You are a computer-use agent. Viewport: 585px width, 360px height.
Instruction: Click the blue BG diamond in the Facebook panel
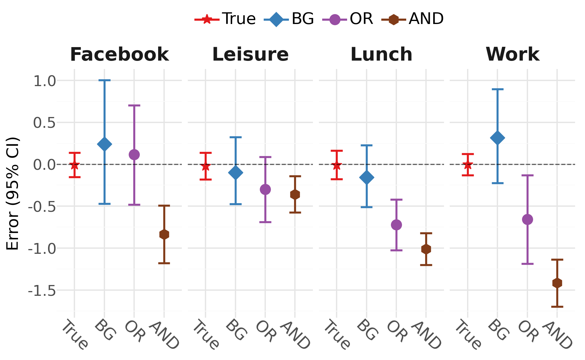(x=104, y=144)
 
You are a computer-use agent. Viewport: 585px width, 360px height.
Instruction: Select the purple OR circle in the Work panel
(x=527, y=219)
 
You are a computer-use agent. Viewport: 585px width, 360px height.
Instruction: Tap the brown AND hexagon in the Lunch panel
(x=426, y=249)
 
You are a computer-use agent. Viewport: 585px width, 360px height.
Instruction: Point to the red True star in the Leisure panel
(x=205, y=166)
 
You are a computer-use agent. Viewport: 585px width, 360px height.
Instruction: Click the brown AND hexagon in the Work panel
(x=557, y=283)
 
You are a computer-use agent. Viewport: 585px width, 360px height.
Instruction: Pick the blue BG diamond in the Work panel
(x=497, y=138)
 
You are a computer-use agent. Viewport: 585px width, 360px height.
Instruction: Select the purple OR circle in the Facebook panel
(x=134, y=155)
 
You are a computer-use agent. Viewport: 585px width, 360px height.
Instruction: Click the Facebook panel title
(x=119, y=55)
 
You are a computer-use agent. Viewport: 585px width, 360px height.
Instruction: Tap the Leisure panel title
(x=250, y=55)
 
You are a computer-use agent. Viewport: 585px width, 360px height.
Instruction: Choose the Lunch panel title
(x=381, y=55)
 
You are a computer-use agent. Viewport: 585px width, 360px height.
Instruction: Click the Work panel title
(x=512, y=55)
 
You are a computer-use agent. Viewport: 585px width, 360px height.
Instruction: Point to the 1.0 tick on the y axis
(x=45, y=81)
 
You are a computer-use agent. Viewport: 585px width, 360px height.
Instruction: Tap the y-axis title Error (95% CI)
(x=13, y=193)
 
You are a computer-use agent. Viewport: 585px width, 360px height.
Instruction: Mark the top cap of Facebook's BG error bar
(x=104, y=80)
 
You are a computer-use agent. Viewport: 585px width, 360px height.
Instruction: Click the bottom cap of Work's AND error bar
(x=557, y=307)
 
